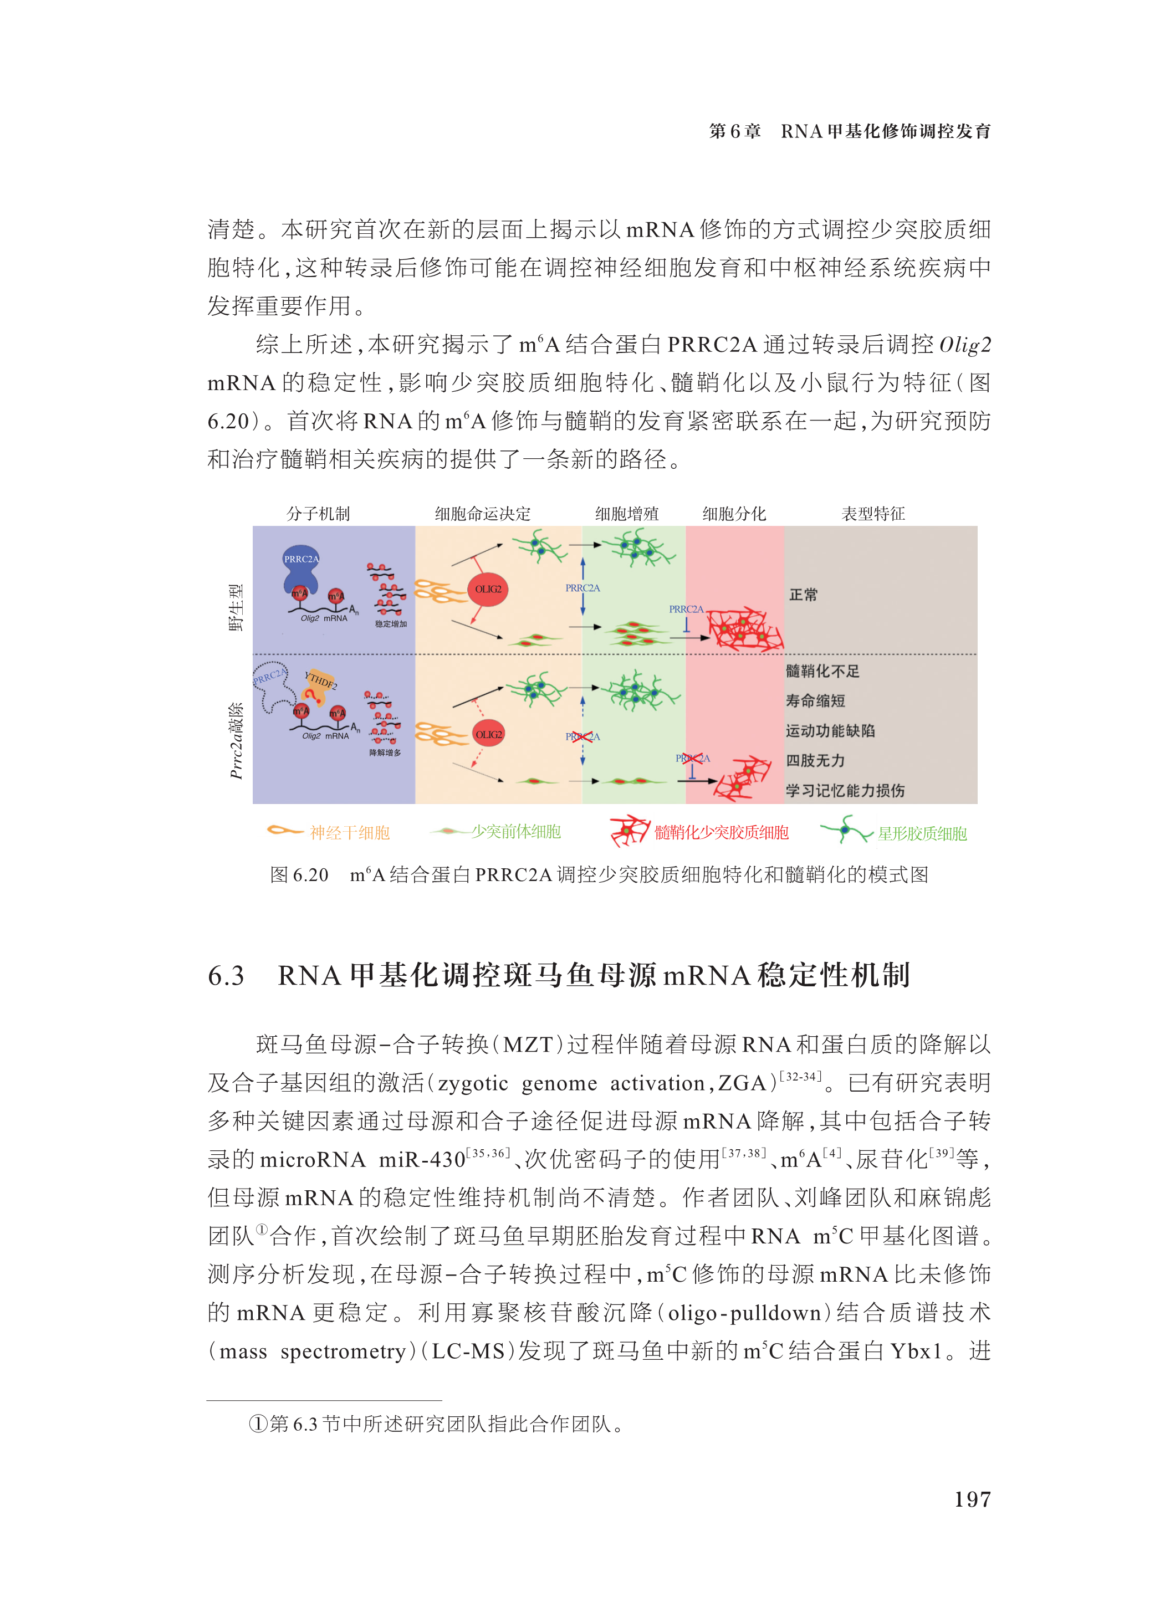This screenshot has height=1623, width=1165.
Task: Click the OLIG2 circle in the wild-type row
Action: coord(488,589)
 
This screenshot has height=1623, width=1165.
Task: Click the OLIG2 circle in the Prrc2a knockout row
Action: coord(488,734)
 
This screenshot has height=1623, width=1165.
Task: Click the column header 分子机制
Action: coord(318,513)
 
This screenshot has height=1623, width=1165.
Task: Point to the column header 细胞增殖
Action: coord(626,513)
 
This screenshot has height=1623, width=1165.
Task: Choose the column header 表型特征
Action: coord(872,513)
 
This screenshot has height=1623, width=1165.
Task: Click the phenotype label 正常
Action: coord(803,595)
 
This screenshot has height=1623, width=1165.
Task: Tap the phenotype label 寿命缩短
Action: coord(815,700)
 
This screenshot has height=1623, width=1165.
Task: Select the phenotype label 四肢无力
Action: coord(815,760)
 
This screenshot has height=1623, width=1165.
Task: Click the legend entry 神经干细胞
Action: coord(349,832)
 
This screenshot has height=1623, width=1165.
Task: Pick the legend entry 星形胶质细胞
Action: coord(922,833)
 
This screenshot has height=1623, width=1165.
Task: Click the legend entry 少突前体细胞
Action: coord(515,832)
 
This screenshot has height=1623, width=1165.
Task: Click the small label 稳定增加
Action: coord(391,624)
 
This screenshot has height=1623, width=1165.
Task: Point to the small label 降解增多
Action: coord(385,753)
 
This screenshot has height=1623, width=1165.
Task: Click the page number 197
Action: coord(972,1499)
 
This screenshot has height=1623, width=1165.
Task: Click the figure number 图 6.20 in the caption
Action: coord(299,874)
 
